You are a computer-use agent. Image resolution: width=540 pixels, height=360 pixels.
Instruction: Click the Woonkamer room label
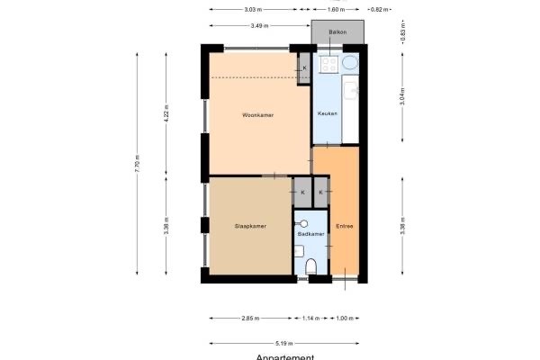coord(257,115)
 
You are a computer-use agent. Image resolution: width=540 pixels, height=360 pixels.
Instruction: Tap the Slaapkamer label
coord(249,226)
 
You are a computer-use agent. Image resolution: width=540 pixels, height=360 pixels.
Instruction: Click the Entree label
coord(345,226)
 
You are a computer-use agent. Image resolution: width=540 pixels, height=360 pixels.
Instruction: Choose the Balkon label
coord(337,32)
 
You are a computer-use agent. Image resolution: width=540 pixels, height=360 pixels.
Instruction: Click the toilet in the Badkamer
coord(311,265)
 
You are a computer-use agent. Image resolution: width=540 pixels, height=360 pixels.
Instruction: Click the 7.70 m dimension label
coord(138,164)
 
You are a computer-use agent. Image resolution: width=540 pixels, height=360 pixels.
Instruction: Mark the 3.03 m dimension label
coord(253,9)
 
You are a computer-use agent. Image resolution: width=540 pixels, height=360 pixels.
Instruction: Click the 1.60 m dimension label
coord(336,9)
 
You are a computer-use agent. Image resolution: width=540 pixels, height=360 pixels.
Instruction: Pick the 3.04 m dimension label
coord(401,96)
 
